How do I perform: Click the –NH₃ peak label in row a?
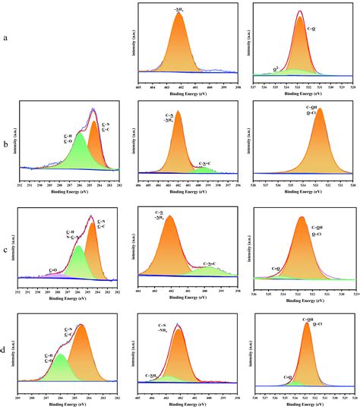[179, 8]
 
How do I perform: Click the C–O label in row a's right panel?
[311, 28]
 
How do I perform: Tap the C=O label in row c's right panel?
[277, 269]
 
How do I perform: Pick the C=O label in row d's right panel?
[289, 376]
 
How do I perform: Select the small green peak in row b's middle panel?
[203, 170]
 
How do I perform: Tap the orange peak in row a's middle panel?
[180, 49]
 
